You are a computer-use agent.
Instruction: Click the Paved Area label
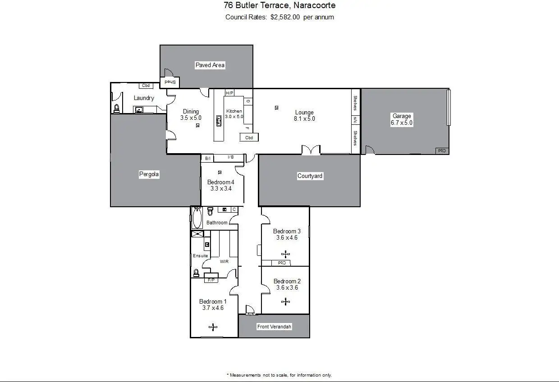[x=210, y=65]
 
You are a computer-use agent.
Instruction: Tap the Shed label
[x=170, y=82]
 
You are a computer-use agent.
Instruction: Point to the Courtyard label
[x=310, y=176]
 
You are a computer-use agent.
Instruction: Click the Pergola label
[x=149, y=174]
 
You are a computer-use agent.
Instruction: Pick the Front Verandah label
[x=274, y=327]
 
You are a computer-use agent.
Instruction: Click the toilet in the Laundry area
[x=117, y=108]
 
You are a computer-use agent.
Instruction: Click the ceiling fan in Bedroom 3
[x=285, y=254]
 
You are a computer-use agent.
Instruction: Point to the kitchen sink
[x=219, y=121]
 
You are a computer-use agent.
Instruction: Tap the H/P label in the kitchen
[x=229, y=93]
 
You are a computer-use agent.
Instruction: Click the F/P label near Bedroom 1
[x=211, y=280]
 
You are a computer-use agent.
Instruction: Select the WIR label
[x=225, y=261]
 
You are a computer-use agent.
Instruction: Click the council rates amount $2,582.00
[x=285, y=17]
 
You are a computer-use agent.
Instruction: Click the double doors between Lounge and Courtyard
[x=311, y=150]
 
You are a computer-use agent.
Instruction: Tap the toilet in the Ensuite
[x=196, y=273]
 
